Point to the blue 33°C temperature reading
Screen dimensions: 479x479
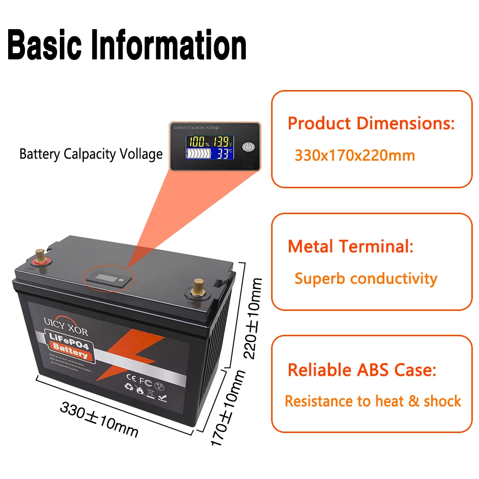pyautogui.click(x=223, y=154)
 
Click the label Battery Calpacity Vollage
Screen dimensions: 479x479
pyautogui.click(x=91, y=154)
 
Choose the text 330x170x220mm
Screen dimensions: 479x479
pyautogui.click(x=354, y=156)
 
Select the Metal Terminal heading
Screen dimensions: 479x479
pyautogui.click(x=350, y=247)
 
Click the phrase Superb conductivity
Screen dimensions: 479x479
pyautogui.click(x=366, y=278)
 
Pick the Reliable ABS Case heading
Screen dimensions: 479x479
pyautogui.click(x=362, y=370)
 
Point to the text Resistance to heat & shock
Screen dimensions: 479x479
pyautogui.click(x=373, y=401)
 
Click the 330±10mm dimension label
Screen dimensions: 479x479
pyautogui.click(x=99, y=420)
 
